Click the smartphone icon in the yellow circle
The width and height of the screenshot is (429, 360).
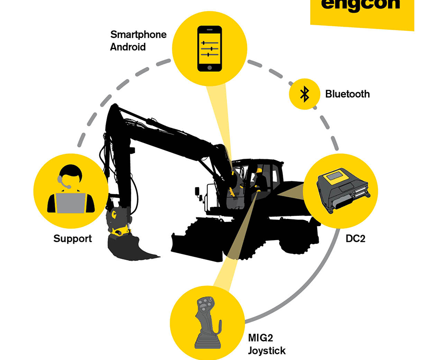[209, 49]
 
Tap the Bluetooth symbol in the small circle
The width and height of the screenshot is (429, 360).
[304, 94]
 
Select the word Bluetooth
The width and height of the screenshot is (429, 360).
[347, 94]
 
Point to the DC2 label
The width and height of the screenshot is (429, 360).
[355, 238]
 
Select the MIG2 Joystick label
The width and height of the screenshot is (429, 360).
[267, 344]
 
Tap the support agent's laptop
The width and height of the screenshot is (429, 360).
[70, 202]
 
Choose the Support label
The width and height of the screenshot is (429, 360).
[73, 239]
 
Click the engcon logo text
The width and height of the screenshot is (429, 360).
[360, 5]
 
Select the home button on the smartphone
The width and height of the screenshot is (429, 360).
[209, 67]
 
